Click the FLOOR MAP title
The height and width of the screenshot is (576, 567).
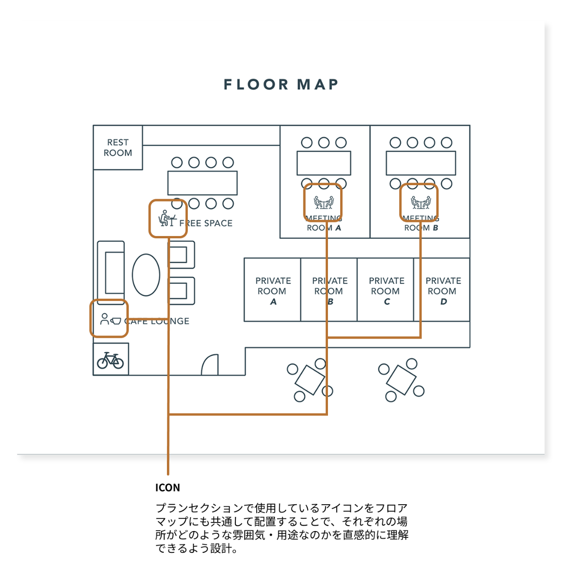tap(281, 84)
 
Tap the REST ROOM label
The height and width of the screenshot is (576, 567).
tap(118, 148)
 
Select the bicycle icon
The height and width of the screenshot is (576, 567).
tap(111, 360)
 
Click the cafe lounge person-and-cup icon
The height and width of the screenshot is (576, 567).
tap(110, 319)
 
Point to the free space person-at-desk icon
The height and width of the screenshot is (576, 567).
tap(166, 218)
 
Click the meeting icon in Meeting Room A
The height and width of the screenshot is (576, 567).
tap(323, 202)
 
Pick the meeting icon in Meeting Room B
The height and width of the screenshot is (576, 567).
tap(420, 202)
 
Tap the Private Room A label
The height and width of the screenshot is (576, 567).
tap(273, 291)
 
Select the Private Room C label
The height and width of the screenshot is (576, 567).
tap(386, 291)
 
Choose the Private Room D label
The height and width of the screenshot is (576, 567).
tap(443, 291)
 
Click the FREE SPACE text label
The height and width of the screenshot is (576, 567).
tap(206, 223)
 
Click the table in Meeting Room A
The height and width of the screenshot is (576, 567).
tap(323, 163)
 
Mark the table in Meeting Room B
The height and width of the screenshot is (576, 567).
tap(420, 163)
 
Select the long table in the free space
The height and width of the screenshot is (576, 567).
tap(202, 183)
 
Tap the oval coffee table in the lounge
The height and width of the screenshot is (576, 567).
tap(146, 275)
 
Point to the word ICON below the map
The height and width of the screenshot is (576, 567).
tap(167, 488)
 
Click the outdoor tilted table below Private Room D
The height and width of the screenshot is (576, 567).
tap(401, 379)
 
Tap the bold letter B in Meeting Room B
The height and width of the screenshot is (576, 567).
tap(435, 228)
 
